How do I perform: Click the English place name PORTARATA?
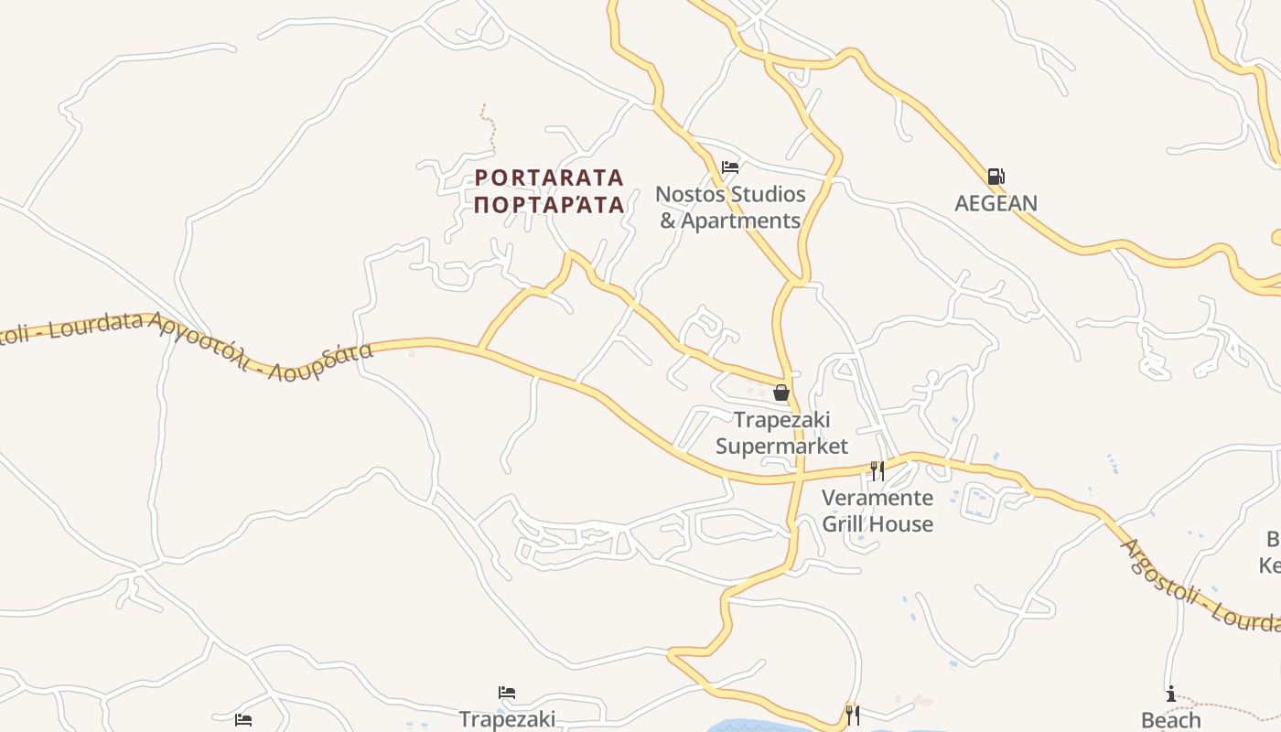pyautogui.click(x=549, y=177)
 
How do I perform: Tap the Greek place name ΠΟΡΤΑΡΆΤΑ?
pyautogui.click(x=549, y=204)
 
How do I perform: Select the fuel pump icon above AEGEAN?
pyautogui.click(x=996, y=177)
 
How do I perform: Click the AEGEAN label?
pyautogui.click(x=996, y=203)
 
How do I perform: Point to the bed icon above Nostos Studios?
pyautogui.click(x=730, y=167)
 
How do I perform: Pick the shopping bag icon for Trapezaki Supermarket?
pyautogui.click(x=781, y=393)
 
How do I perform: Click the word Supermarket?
pyautogui.click(x=781, y=446)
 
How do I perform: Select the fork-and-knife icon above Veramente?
pyautogui.click(x=877, y=471)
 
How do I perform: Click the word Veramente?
pyautogui.click(x=877, y=498)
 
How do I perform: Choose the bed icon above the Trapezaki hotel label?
pyautogui.click(x=507, y=693)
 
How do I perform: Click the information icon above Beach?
pyautogui.click(x=1170, y=694)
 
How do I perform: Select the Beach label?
pyautogui.click(x=1170, y=720)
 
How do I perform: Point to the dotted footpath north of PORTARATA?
pyautogui.click(x=490, y=128)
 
